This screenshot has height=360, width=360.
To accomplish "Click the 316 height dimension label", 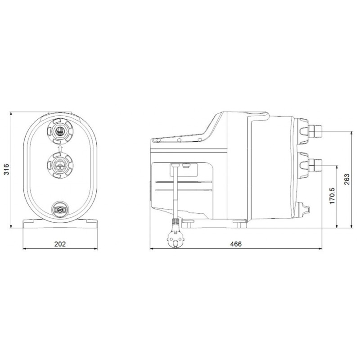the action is [6, 170].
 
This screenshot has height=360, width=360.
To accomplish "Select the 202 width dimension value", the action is [60, 244].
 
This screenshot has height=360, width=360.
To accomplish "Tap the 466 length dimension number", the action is [236, 244].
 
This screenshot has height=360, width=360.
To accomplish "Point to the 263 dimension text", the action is [346, 179].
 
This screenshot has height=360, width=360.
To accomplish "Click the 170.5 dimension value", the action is [332, 196].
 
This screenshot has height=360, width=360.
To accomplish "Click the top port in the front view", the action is [60, 131].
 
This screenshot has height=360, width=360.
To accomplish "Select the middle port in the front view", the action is [60, 165].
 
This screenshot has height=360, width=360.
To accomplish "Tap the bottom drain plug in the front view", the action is [60, 209].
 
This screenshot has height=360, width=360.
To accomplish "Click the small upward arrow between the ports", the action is [60, 148].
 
